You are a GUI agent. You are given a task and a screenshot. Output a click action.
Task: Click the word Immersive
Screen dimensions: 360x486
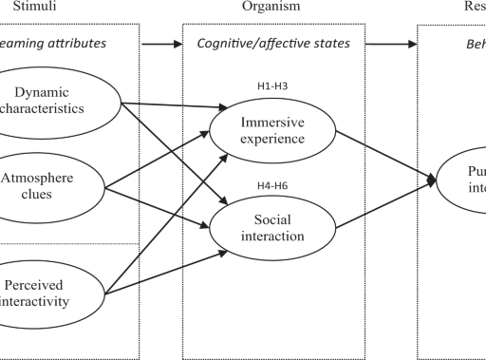coord(271,123)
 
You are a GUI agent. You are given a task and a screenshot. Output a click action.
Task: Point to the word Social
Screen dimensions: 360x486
coord(271,219)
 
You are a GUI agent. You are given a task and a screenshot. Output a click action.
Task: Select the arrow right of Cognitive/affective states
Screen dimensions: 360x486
coord(389,44)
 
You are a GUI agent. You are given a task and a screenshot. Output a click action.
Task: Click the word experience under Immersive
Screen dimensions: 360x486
coord(271,139)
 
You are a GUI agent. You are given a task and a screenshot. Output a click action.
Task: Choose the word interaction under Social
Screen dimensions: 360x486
coord(271,237)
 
